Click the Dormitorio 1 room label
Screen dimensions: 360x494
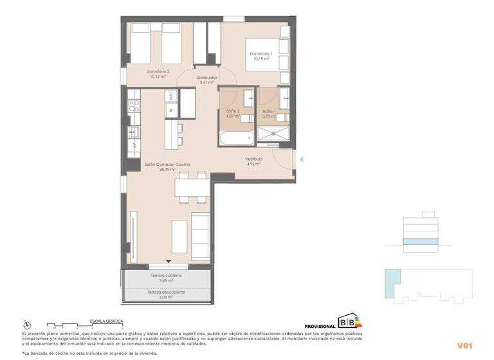click(262, 53)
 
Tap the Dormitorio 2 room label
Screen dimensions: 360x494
click(158, 71)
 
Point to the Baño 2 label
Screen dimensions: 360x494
click(233, 112)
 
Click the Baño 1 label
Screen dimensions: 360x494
click(269, 112)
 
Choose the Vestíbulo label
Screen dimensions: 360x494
click(253, 159)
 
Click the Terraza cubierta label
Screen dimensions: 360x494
click(166, 276)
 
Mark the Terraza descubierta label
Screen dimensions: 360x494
click(166, 292)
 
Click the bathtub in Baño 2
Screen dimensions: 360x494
click(237, 137)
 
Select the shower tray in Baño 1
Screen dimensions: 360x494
click(274, 134)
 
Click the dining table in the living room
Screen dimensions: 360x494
click(192, 187)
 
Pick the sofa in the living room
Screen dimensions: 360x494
click(201, 235)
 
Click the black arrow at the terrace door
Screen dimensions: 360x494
click(169, 261)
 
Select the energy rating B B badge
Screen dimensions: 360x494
click(350, 322)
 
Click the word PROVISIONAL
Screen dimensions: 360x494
click(320, 327)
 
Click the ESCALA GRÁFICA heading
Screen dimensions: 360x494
click(106, 321)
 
